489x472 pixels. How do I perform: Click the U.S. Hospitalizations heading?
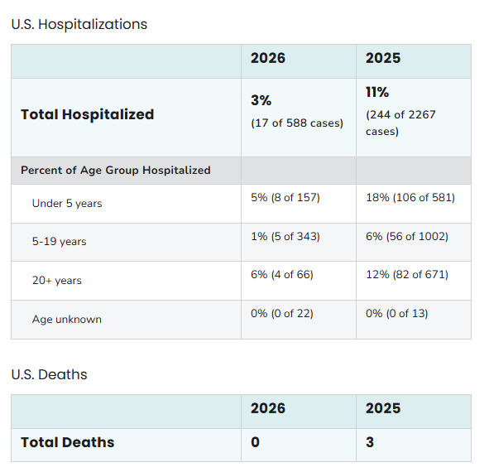click(79, 24)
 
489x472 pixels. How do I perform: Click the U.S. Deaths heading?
click(49, 374)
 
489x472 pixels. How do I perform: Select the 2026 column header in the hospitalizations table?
click(268, 58)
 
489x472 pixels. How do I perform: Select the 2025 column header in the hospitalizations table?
click(383, 58)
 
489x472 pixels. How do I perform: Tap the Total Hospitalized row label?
click(87, 114)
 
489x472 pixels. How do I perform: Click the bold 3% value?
click(261, 100)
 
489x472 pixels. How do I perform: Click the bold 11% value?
click(377, 92)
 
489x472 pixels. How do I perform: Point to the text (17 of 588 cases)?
click(296, 123)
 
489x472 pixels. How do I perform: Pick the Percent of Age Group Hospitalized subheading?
click(115, 170)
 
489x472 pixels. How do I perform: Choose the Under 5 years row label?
click(67, 203)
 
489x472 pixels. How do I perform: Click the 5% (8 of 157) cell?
click(285, 197)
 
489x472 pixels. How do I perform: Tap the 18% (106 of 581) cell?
click(410, 197)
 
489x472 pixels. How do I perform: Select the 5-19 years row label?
click(59, 242)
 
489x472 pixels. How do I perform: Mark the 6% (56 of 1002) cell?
click(406, 236)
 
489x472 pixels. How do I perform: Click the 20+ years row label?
click(57, 281)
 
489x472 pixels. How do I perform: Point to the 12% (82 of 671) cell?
click(406, 274)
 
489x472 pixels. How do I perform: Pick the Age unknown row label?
click(67, 319)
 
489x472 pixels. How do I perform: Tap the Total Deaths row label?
click(67, 442)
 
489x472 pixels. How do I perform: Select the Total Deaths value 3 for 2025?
click(370, 442)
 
